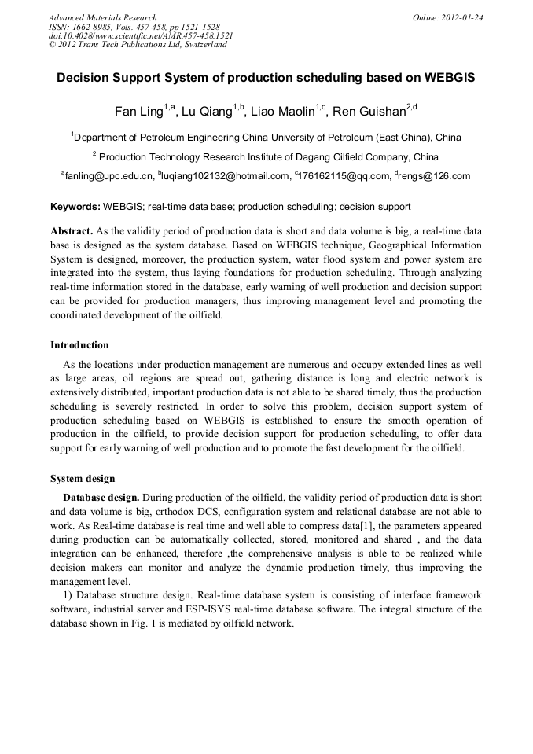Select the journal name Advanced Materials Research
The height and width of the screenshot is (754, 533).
pyautogui.click(x=103, y=17)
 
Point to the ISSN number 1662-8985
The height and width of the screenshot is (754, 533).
pyautogui.click(x=94, y=27)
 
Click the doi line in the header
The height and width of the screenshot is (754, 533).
pyautogui.click(x=141, y=35)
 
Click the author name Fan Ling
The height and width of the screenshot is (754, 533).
pyautogui.click(x=138, y=111)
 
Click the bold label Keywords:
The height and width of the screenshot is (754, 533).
pyautogui.click(x=75, y=207)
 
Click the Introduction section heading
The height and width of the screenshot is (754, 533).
pyautogui.click(x=79, y=344)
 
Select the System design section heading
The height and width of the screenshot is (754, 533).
pyautogui.click(x=83, y=479)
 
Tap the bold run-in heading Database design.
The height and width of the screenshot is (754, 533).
pyautogui.click(x=101, y=498)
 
